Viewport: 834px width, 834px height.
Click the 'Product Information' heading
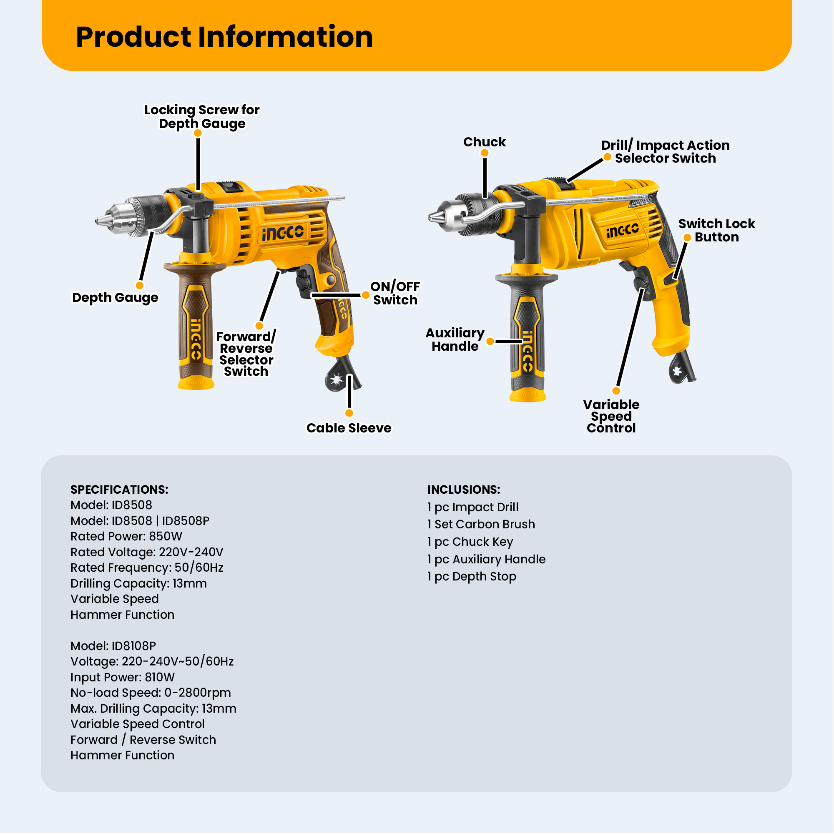coord(224,37)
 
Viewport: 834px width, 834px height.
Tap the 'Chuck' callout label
coord(484,142)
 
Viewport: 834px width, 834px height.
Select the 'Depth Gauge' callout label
coord(115,297)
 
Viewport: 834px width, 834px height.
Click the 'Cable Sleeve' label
coord(349,428)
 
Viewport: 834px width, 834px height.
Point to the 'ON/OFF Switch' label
coord(395,293)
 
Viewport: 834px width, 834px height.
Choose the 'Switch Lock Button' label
coord(716,230)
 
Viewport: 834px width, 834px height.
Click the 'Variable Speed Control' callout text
coord(611,416)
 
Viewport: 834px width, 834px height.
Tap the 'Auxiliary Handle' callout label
coord(455,339)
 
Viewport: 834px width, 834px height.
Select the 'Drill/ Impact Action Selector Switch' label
coord(665,151)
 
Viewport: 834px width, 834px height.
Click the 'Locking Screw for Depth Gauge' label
coord(202,117)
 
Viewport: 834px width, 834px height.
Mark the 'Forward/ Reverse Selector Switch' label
coord(246,354)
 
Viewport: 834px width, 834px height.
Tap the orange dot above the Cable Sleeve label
coord(349,413)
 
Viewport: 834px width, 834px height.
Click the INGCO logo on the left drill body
coord(283,233)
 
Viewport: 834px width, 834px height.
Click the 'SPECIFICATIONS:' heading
coord(119,490)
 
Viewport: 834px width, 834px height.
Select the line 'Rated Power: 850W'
coord(126,536)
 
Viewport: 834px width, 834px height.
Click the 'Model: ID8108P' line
coord(113,646)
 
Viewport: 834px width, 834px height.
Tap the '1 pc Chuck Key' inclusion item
coord(470,542)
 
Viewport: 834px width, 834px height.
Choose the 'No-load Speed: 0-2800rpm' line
coord(151,692)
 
